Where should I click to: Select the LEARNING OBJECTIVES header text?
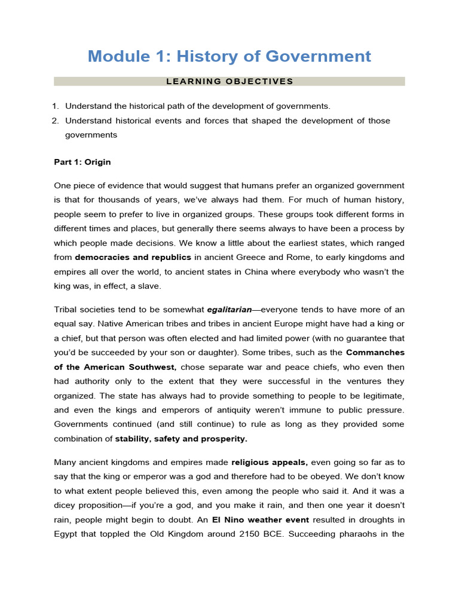tap(229, 81)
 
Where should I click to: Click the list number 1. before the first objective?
tap(55, 106)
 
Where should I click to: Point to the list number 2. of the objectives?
tap(55, 121)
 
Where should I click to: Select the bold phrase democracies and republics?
tap(133, 257)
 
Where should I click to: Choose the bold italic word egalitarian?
tap(229, 310)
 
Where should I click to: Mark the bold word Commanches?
tap(375, 353)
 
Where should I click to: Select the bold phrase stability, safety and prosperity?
tap(181, 439)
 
